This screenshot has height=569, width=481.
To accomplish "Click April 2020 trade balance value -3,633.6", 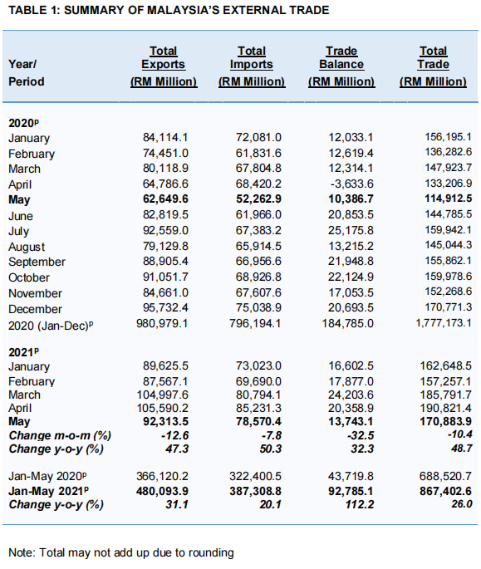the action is tap(351, 184).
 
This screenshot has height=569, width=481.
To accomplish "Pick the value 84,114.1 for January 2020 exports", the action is tap(165, 137).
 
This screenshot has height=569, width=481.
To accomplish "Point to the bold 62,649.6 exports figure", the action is tap(165, 199).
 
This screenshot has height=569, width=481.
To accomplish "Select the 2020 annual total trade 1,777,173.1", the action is tap(444, 322).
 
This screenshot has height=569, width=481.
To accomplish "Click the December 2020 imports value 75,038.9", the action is tap(258, 307).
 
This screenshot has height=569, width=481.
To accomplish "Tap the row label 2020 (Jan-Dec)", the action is tap(51, 326).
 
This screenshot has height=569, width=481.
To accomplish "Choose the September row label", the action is tap(37, 262).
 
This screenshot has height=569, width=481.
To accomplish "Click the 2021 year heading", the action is tap(23, 352).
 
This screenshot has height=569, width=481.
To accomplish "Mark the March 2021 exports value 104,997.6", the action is tap(163, 395).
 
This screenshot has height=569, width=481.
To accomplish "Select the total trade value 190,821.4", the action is tap(446, 408).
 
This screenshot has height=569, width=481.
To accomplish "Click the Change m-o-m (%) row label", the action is tap(60, 435).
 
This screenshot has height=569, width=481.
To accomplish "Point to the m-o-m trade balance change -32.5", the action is tap(361, 435).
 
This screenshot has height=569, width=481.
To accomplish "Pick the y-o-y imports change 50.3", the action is tap(271, 449).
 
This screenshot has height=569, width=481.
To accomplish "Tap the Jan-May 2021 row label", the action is tap(49, 491).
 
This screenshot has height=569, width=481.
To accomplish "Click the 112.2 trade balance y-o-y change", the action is tap(360, 504).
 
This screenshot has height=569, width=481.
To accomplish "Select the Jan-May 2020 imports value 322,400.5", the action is tap(255, 476).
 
